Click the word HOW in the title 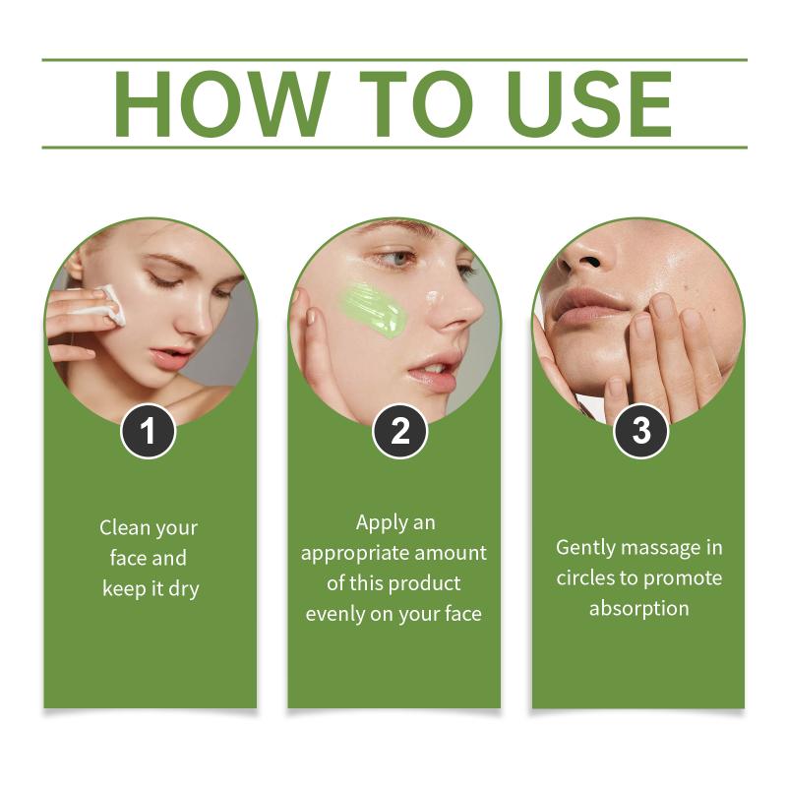coord(222,104)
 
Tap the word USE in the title coord(593,104)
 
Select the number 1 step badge coord(149,431)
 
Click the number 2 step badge coord(399,431)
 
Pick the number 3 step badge coord(641,431)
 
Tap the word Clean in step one coord(125,527)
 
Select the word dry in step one coord(184,589)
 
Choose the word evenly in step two coord(334,614)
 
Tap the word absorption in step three coord(638,609)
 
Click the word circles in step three coord(585,578)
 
